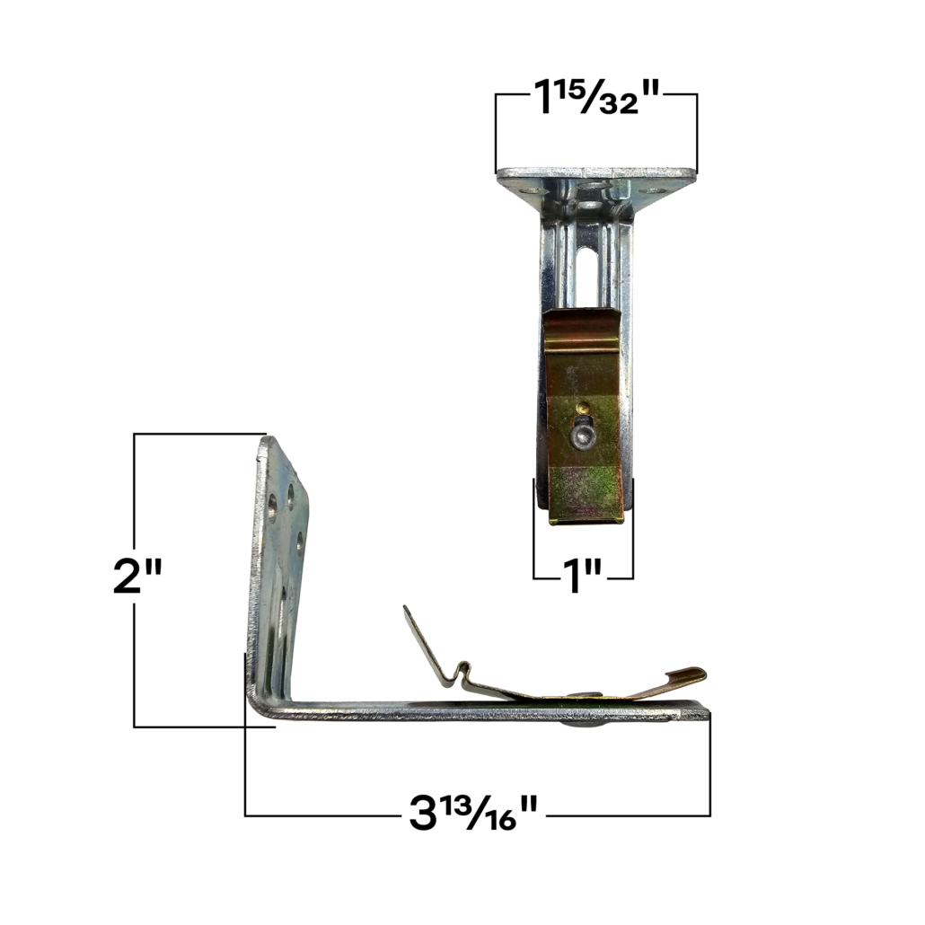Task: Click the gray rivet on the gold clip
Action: (x=582, y=436)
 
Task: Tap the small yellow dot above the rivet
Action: (x=583, y=407)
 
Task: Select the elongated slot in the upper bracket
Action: (x=588, y=278)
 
